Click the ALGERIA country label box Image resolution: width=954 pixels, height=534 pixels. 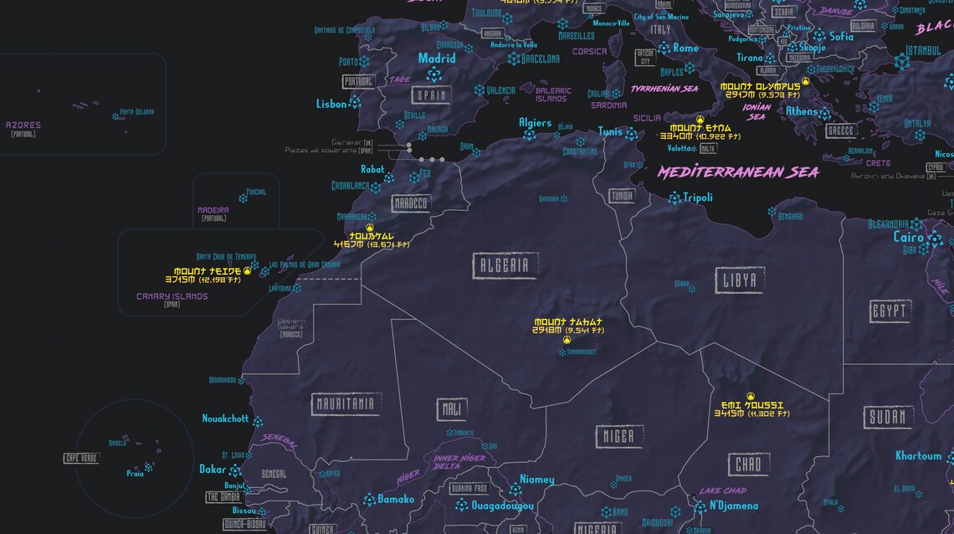(505, 266)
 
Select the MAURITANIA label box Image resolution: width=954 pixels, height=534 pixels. (345, 404)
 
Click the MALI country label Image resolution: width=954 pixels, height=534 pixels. (452, 409)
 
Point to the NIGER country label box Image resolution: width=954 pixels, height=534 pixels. (619, 436)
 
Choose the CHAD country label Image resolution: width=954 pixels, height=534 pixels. (749, 465)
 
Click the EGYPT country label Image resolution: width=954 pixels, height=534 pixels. (890, 312)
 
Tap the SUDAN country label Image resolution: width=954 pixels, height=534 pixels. (886, 418)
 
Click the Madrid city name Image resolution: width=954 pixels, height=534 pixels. (437, 59)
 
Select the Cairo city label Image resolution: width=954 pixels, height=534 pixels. (909, 237)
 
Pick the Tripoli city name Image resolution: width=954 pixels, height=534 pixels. (698, 198)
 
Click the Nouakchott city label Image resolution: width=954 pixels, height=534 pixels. (225, 418)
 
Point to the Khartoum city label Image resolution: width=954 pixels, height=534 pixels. (918, 456)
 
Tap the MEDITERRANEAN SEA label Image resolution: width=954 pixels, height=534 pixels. (737, 172)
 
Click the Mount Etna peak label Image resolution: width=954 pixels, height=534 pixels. (700, 127)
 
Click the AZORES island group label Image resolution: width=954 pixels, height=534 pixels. (23, 126)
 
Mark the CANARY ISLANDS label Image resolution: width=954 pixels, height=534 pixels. (172, 296)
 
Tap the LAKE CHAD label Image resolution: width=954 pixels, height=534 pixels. (722, 490)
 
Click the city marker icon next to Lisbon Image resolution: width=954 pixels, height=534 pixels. (355, 103)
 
